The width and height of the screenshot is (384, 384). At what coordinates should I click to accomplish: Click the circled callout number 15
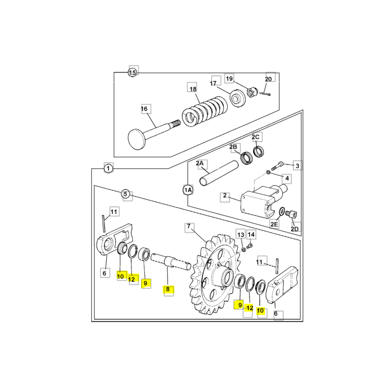[132, 72]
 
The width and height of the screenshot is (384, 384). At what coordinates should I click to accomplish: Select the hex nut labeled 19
[252, 92]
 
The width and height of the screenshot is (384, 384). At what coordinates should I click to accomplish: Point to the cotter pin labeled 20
[266, 94]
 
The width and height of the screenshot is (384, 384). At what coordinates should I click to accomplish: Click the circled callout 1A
[188, 190]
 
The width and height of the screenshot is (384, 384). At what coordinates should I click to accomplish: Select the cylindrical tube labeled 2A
[219, 173]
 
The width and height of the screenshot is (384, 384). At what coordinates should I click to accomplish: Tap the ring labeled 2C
[258, 151]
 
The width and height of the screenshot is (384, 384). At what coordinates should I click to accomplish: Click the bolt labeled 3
[277, 166]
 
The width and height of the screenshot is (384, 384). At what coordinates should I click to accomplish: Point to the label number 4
[287, 178]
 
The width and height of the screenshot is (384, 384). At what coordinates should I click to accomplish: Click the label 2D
[295, 229]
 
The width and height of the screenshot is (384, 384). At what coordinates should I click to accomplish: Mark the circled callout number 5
[125, 194]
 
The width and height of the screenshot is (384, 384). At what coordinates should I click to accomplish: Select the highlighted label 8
[168, 289]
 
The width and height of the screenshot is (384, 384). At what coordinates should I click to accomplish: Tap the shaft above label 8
[171, 262]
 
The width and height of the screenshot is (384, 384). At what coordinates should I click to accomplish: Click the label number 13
[241, 235]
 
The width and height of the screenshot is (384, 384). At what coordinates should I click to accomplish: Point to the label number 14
[251, 235]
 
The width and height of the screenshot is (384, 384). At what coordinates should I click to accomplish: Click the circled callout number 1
[108, 168]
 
